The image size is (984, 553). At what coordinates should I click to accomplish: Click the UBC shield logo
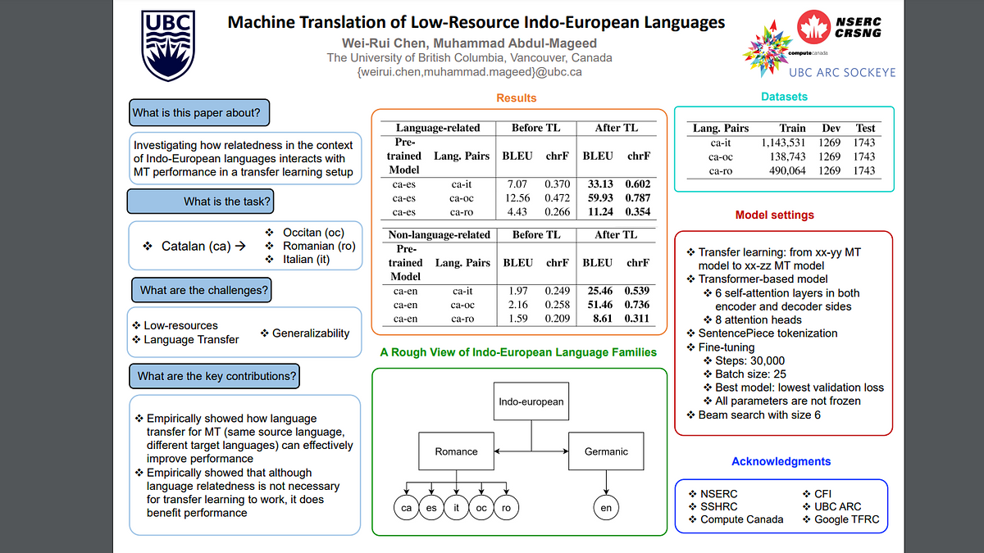[x=168, y=45]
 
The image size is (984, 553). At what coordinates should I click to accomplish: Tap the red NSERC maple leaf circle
[x=813, y=27]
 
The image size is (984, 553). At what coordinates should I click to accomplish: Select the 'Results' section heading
[x=516, y=97]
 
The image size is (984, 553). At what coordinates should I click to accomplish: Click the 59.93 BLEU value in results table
[x=600, y=198]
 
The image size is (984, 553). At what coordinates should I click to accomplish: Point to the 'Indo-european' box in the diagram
[x=531, y=401]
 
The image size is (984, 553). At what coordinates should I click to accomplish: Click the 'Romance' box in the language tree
[x=456, y=451]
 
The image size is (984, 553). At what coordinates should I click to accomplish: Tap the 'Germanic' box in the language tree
[x=606, y=451]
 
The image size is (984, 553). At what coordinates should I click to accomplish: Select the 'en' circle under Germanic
[x=606, y=508]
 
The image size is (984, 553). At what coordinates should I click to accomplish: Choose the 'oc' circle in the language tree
[x=481, y=508]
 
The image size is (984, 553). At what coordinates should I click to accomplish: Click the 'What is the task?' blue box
[x=200, y=202]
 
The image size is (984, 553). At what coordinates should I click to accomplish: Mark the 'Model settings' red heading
[x=774, y=215]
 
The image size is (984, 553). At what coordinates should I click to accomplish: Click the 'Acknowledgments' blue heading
[x=781, y=461]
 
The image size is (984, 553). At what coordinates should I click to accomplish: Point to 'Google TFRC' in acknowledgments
[x=846, y=519]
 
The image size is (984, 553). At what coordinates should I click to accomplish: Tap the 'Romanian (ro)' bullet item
[x=319, y=246]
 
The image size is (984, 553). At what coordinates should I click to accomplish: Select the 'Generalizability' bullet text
[x=311, y=333]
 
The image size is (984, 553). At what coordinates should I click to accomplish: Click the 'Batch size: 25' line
[x=750, y=374]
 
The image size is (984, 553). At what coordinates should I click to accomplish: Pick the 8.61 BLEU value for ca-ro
[x=602, y=318]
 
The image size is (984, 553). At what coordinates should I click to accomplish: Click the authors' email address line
[x=469, y=72]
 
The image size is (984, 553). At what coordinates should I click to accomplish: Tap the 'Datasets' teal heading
[x=784, y=97]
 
